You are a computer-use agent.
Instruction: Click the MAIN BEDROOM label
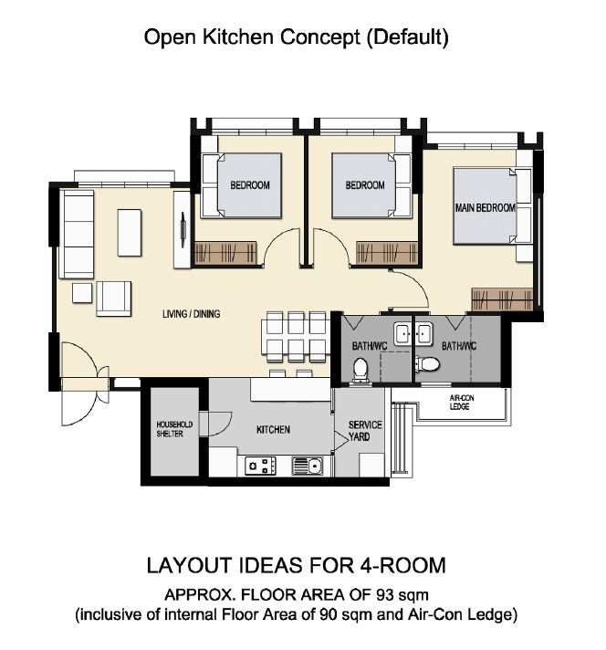pyautogui.click(x=486, y=207)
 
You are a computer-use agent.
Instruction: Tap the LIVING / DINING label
pyautogui.click(x=191, y=314)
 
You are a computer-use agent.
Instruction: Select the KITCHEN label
pyautogui.click(x=273, y=429)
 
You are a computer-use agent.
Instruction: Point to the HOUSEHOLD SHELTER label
pyautogui.click(x=174, y=429)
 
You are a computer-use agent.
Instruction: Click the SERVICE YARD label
pyautogui.click(x=365, y=431)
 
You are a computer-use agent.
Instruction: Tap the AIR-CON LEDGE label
pyautogui.click(x=461, y=402)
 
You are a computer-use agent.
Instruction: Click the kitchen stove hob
pyautogui.click(x=260, y=466)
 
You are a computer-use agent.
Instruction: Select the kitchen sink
pyautogui.click(x=308, y=466)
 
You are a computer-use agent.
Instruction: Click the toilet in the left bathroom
pyautogui.click(x=360, y=370)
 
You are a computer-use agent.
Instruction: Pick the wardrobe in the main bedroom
pyautogui.click(x=502, y=299)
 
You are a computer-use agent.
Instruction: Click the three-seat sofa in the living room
pyautogui.click(x=77, y=235)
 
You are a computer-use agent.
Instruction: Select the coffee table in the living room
pyautogui.click(x=130, y=233)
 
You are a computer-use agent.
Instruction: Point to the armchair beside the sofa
pyautogui.click(x=113, y=299)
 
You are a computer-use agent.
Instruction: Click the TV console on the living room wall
pyautogui.click(x=182, y=230)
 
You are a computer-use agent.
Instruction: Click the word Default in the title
pyautogui.click(x=408, y=37)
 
